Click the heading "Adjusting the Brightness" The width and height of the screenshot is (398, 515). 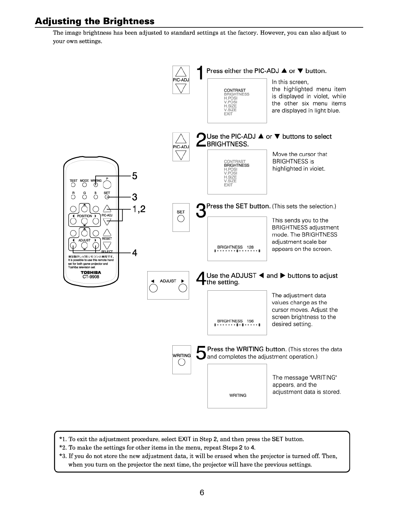click(x=95, y=21)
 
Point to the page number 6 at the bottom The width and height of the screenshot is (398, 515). click(x=202, y=493)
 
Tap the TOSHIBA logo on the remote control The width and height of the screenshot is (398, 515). click(x=91, y=272)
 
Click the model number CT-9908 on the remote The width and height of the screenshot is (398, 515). click(x=91, y=277)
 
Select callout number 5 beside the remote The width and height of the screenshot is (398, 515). click(x=135, y=176)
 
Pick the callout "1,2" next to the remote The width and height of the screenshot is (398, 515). click(x=139, y=209)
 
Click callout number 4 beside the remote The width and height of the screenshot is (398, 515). click(x=135, y=253)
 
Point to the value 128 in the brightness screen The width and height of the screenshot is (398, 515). click(x=250, y=247)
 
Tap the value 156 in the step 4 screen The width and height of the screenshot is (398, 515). click(x=250, y=321)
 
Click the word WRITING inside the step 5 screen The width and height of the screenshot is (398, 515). click(x=238, y=395)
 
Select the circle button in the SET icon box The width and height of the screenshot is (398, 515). click(x=181, y=219)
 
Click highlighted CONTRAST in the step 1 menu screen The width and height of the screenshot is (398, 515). click(x=235, y=90)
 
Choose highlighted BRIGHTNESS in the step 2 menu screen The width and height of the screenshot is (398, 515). click(x=236, y=165)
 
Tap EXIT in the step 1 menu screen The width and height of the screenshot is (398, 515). click(x=228, y=114)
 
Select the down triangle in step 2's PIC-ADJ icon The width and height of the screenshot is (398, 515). click(x=181, y=155)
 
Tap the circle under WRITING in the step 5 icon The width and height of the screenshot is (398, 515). click(x=181, y=363)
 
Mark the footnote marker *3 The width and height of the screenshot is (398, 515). click(x=63, y=456)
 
